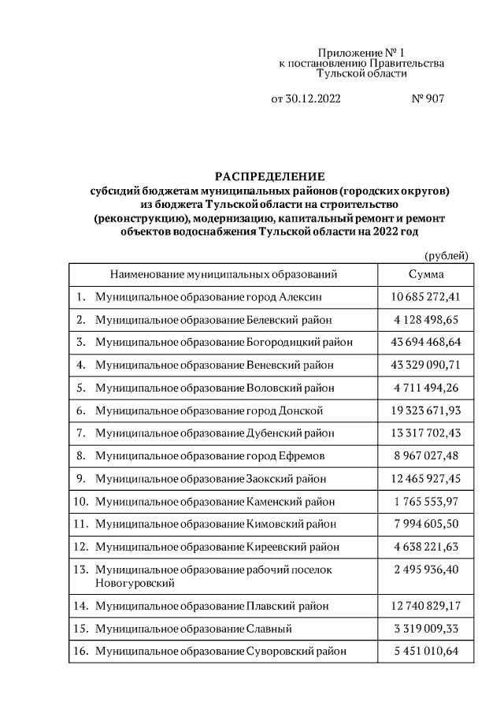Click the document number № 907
(x=428, y=99)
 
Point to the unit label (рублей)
(x=446, y=255)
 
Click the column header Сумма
(x=425, y=274)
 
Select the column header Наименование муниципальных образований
(x=224, y=274)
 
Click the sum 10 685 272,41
(x=425, y=297)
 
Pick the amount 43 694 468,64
(x=425, y=342)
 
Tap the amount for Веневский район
(x=425, y=365)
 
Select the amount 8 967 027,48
(x=425, y=455)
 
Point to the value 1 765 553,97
(x=425, y=501)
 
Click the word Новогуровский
(x=134, y=583)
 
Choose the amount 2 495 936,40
(x=425, y=569)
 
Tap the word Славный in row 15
(x=269, y=629)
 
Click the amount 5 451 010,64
(x=425, y=652)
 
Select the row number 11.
(x=80, y=524)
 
